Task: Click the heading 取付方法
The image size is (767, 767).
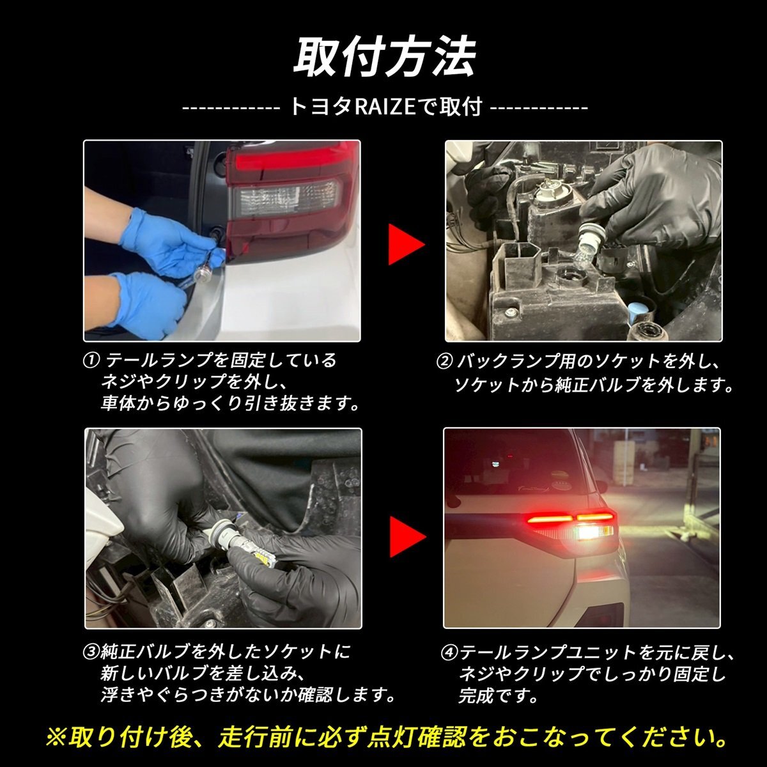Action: (384, 58)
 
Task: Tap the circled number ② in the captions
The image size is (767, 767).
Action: (445, 362)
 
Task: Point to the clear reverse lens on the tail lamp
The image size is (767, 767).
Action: (286, 198)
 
